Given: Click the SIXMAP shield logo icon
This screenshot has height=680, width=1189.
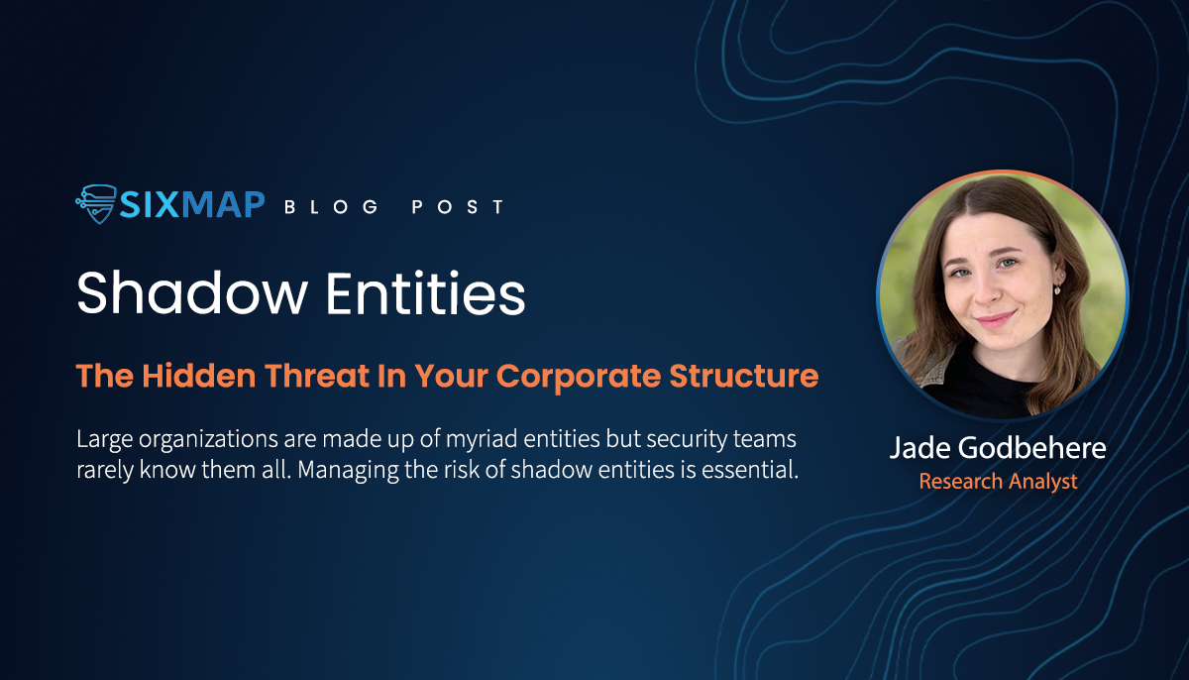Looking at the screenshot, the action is coord(96,204).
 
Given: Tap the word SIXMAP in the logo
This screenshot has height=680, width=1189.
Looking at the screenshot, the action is coord(192,205).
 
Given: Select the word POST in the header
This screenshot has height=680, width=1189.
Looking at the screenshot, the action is coord(458,206).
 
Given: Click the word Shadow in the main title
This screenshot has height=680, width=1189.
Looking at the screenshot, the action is coord(192,293).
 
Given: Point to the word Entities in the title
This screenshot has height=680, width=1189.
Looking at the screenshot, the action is coord(426,293).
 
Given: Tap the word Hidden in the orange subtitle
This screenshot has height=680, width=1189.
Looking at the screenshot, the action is coord(199,376).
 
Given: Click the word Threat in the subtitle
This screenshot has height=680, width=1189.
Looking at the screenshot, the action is coord(317,376).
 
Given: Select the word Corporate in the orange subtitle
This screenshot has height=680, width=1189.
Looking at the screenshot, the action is coord(579,377).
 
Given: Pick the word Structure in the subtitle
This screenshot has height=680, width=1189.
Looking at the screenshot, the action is coord(744,376).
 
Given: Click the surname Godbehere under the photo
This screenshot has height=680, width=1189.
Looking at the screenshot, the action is coord(1032,447).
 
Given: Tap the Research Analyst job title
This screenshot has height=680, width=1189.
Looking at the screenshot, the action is coord(998,482).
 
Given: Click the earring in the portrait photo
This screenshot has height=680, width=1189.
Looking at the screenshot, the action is coord(1057,289).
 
